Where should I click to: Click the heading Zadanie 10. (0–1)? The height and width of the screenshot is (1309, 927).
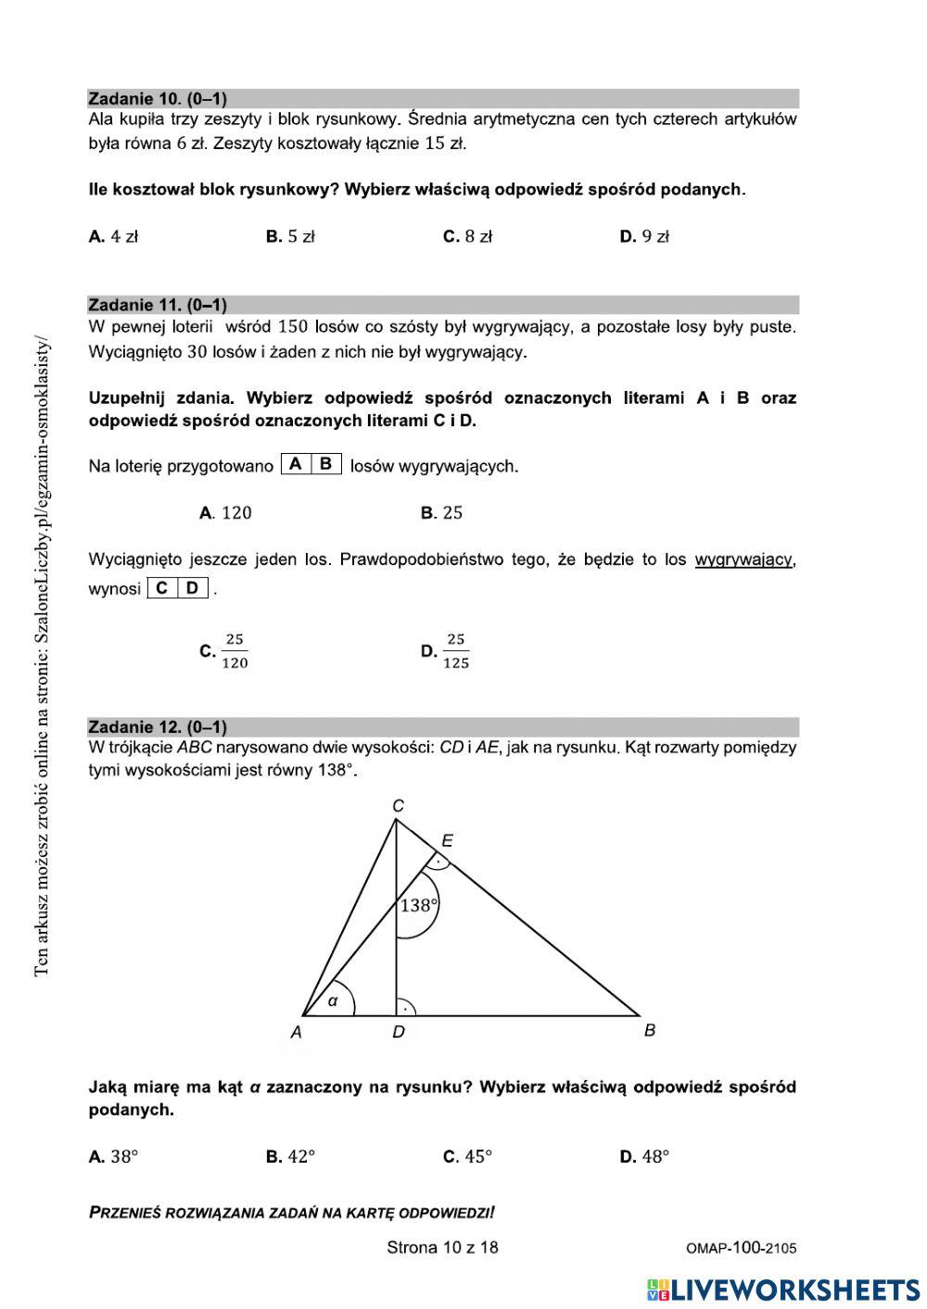(158, 98)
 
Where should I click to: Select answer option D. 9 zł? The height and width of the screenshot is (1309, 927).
(644, 236)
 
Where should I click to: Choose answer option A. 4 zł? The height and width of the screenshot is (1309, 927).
(113, 236)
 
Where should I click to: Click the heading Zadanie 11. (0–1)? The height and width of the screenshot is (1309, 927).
(158, 305)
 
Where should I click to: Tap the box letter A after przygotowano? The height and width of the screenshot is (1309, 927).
(296, 464)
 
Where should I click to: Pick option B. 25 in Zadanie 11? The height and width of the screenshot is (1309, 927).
(441, 512)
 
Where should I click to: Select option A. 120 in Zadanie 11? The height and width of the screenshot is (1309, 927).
(225, 512)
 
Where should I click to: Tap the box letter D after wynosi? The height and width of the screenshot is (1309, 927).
(193, 587)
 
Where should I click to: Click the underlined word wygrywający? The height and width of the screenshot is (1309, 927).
(743, 560)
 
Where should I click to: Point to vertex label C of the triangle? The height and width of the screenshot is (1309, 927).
(398, 806)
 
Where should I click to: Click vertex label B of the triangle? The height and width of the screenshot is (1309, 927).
(650, 1030)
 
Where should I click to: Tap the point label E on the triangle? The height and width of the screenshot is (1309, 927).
(448, 841)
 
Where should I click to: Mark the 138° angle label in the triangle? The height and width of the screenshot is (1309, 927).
(418, 905)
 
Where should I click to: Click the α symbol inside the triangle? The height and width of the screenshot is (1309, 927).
(333, 1001)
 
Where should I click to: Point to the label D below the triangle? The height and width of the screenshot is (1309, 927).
(398, 1032)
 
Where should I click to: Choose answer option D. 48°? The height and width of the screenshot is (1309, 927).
(644, 1156)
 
